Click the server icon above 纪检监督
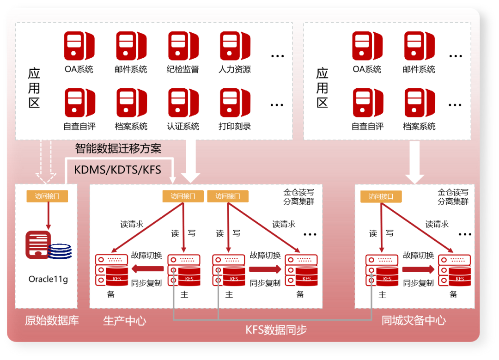coord(183,46)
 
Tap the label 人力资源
coord(235,70)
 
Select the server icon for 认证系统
coord(183,103)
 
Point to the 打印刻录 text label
coord(235,126)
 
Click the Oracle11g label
coord(48,279)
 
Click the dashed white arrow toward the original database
coord(46,162)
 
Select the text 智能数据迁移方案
coord(118,148)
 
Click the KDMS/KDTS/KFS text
coord(118,170)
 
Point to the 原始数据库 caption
coord(52,320)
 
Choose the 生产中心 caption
coord(125,320)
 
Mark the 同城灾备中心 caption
coord(414,320)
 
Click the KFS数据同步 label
coord(276,330)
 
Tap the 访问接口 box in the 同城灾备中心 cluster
coord(381,196)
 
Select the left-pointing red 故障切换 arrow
coord(147,269)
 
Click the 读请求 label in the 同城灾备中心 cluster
coord(437,224)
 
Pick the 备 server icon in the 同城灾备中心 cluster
coord(454,270)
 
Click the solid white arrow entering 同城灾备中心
coord(414,162)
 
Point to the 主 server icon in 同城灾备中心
coord(382,270)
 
